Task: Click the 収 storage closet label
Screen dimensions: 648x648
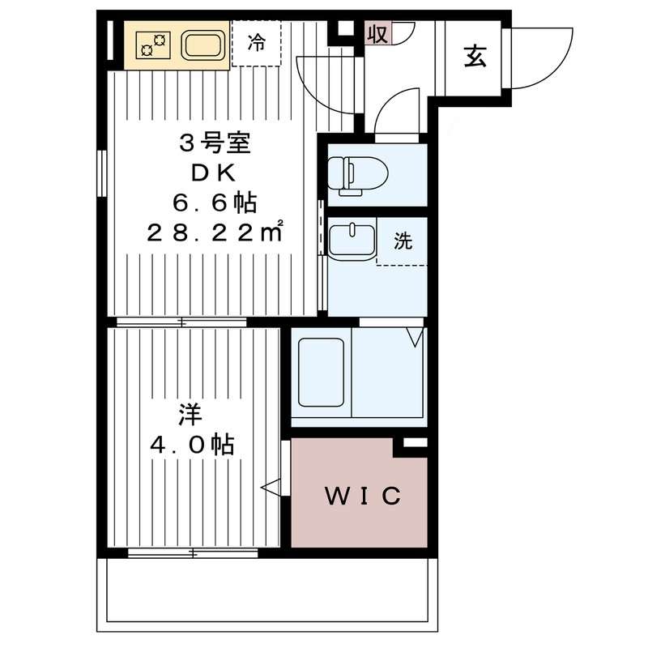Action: (377, 34)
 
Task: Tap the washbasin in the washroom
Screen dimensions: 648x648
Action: (352, 241)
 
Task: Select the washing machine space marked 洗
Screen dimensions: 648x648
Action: (403, 241)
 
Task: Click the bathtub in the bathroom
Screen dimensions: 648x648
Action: (323, 373)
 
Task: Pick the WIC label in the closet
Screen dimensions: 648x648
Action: (363, 496)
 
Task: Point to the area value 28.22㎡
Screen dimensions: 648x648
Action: (214, 232)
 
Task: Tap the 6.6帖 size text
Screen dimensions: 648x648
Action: (214, 202)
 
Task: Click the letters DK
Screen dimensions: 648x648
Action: (214, 173)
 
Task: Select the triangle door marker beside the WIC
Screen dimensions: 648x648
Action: (271, 487)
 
